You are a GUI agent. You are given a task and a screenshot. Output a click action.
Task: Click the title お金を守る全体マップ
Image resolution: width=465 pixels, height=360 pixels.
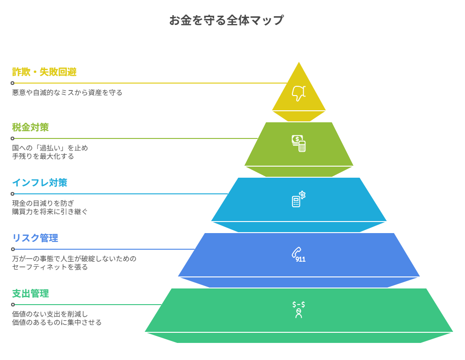[x=226, y=20]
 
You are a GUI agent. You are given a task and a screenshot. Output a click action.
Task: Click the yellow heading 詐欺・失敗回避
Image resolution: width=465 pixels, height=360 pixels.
[x=44, y=72]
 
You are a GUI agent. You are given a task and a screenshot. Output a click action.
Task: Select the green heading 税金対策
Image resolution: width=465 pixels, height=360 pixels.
[x=30, y=127]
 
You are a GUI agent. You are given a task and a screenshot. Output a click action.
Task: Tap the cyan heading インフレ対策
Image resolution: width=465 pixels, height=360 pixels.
[x=40, y=183]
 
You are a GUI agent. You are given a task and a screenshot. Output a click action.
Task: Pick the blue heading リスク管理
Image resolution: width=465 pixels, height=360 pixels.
[x=35, y=238]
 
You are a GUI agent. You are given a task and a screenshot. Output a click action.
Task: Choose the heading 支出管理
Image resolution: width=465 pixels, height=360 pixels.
[x=30, y=294]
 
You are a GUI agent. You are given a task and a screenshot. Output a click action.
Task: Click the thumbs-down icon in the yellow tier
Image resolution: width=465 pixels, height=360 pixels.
[x=298, y=93]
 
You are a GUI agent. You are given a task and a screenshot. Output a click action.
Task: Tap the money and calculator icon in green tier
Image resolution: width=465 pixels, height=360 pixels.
[x=298, y=143]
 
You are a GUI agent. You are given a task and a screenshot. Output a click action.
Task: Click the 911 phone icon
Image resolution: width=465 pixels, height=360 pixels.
[x=298, y=255]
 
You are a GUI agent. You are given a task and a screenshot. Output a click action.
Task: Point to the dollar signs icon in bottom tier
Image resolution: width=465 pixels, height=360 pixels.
[x=298, y=309]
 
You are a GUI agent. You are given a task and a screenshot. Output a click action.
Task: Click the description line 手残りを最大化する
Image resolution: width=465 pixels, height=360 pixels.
[x=43, y=156]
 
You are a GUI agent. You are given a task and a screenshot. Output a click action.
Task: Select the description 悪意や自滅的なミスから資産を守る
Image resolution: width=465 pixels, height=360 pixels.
[x=67, y=93]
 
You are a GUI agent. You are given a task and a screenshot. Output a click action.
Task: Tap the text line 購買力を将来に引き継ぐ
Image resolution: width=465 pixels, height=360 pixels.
[x=49, y=212]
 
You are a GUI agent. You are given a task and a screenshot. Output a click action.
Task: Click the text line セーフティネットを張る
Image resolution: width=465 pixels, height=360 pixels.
[x=50, y=267]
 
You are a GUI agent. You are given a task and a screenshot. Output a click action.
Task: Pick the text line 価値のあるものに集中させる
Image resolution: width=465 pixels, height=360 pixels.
[x=57, y=323]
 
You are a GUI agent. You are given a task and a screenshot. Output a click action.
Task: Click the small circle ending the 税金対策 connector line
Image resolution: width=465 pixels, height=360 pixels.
[x=12, y=138]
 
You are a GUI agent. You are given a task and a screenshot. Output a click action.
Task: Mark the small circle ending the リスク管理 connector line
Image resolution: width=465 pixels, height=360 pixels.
[x=12, y=249]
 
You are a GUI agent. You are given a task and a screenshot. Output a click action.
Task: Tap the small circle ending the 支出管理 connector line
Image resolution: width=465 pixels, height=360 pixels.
[x=12, y=305]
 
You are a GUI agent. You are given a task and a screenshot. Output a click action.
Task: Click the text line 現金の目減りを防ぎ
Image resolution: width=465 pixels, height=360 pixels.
[x=43, y=204]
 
